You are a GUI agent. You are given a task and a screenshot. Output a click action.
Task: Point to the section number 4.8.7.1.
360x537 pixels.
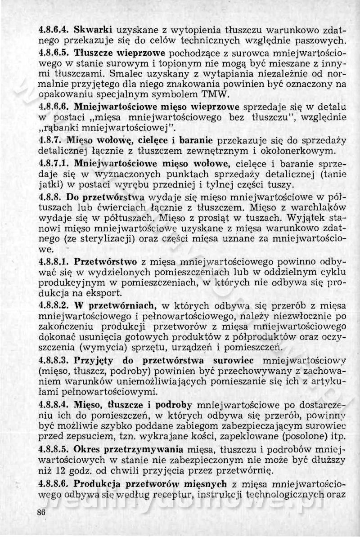coord(55,162)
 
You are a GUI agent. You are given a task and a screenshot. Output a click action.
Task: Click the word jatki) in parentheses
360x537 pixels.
coord(50,184)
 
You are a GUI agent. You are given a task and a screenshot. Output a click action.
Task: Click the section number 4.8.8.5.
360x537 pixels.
coord(55,449)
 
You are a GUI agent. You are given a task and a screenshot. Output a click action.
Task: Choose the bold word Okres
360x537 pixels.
coord(89,449)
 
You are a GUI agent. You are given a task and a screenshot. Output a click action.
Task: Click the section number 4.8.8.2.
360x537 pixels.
coord(55,305)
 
